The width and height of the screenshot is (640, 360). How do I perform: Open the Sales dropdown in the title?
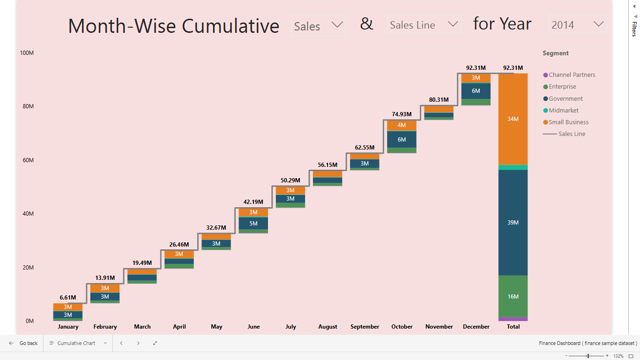(319, 26)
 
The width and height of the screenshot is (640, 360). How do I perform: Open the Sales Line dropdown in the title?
(424, 25)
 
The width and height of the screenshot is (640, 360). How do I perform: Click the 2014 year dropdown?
(578, 25)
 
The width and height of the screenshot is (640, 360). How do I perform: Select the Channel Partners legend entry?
(572, 75)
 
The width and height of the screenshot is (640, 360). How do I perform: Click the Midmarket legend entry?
(563, 111)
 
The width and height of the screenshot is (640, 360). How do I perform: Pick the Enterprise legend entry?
(562, 87)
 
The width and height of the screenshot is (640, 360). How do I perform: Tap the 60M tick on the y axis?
(28, 160)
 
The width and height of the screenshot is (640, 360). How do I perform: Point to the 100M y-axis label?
(27, 53)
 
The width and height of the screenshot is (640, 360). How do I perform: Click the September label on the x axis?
(365, 327)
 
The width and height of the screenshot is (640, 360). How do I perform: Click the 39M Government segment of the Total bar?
(513, 223)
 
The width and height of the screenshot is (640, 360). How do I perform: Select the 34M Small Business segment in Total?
(513, 119)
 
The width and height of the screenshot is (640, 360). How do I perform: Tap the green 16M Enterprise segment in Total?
(513, 297)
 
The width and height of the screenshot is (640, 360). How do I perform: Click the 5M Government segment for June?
(253, 224)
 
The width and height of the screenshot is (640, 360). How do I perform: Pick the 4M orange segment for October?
(402, 125)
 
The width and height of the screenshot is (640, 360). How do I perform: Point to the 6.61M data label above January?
(68, 298)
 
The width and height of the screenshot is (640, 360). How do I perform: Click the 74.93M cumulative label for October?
(402, 114)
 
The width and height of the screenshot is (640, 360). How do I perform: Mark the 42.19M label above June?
(253, 202)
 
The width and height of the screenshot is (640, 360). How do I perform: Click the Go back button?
(23, 343)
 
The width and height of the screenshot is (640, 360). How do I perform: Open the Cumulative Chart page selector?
(78, 343)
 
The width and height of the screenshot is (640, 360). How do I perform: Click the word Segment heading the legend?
(556, 53)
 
